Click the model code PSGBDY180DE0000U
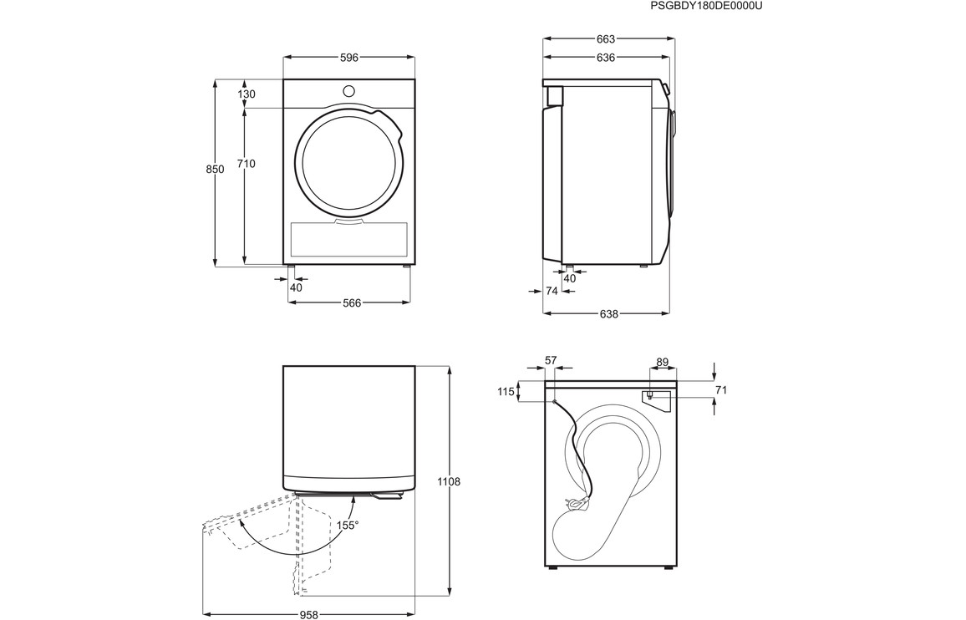pos(702,6)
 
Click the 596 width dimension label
pos(349,58)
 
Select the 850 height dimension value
pos(215,170)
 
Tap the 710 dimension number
pos(246,164)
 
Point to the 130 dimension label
pos(246,94)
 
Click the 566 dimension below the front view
pos(352,302)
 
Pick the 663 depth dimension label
pos(606,38)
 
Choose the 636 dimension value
pos(606,58)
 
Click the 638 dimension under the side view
pos(608,313)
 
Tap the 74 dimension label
pos(552,290)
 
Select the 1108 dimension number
pos(448,481)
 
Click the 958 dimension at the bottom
pos(308,614)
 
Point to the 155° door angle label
pos(348,525)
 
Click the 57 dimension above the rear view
pos(551,360)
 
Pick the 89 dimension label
pos(663,363)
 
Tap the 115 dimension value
pos(506,391)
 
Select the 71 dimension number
pos(721,389)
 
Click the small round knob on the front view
pos(348,90)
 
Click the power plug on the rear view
pos(577,504)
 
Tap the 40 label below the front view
pos(297,287)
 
